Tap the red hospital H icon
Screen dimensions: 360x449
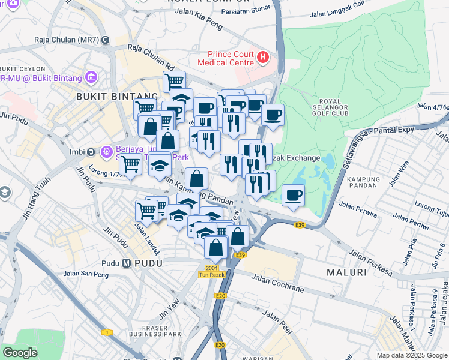(262, 58)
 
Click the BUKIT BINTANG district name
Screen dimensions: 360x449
(118, 96)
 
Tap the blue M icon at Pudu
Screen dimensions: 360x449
(127, 263)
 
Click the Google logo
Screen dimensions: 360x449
(20, 353)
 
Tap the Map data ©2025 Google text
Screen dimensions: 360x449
(411, 355)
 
